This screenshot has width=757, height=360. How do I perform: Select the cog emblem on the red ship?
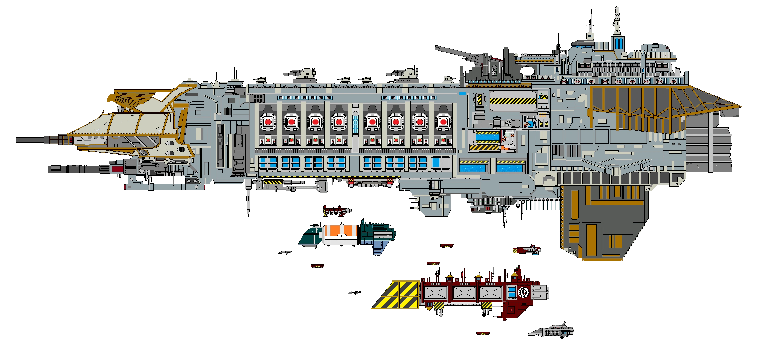(523, 292)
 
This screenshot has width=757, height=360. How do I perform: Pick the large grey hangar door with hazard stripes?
(513, 101)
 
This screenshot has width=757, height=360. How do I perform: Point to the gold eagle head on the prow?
(113, 98)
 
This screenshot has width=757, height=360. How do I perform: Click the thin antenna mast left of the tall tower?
(589, 29)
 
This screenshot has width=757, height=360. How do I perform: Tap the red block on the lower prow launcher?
(118, 169)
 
